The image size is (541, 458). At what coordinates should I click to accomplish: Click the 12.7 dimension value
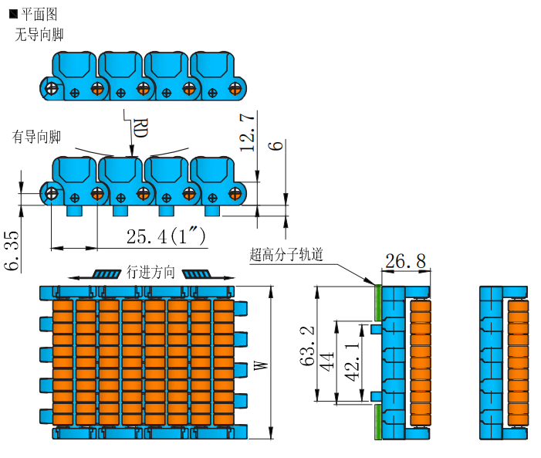click(248, 132)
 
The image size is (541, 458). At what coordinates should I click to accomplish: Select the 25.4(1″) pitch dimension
click(166, 236)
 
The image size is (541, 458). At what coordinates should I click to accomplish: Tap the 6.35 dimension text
click(12, 251)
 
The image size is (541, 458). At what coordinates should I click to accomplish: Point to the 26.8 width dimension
click(405, 261)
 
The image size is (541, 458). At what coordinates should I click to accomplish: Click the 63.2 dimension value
click(308, 345)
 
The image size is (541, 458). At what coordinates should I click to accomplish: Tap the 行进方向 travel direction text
click(150, 273)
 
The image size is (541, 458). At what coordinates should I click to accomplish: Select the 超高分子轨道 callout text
click(286, 254)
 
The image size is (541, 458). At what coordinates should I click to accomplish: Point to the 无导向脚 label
click(39, 34)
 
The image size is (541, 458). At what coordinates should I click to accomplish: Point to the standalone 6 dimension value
click(278, 145)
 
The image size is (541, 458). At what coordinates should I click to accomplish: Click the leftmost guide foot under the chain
click(76, 211)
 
